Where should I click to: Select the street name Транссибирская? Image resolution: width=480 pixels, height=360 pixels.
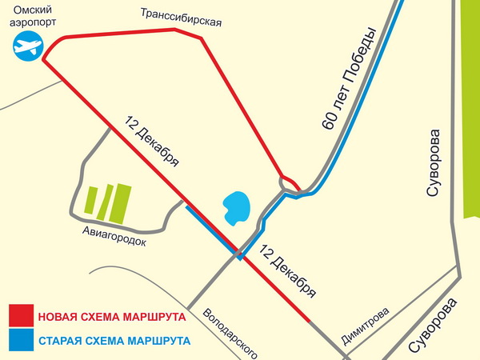tap(180, 17)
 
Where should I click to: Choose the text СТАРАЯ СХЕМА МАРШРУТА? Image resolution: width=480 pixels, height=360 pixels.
tap(114, 341)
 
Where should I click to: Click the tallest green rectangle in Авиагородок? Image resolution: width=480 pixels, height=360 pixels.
tap(121, 202)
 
